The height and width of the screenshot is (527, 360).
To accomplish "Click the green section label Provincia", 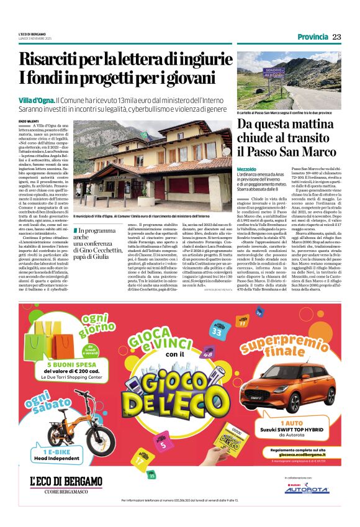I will tap(313, 37).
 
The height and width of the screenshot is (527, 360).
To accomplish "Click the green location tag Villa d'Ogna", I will tap(36, 100).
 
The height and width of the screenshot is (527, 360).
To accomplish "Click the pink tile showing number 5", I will tap(163, 444).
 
